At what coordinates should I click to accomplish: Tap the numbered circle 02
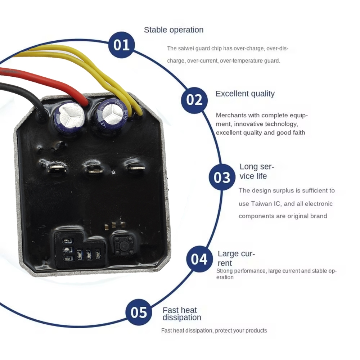click(194, 100)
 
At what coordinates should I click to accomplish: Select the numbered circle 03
click(222, 177)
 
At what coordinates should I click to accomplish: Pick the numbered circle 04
click(199, 259)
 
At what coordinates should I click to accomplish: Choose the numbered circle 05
click(139, 312)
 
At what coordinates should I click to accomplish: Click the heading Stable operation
click(174, 30)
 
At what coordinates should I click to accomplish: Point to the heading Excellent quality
click(245, 94)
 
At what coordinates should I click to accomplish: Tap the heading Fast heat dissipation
click(181, 314)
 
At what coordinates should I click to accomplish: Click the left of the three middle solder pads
click(57, 168)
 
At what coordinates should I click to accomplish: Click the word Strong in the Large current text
click(224, 271)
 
